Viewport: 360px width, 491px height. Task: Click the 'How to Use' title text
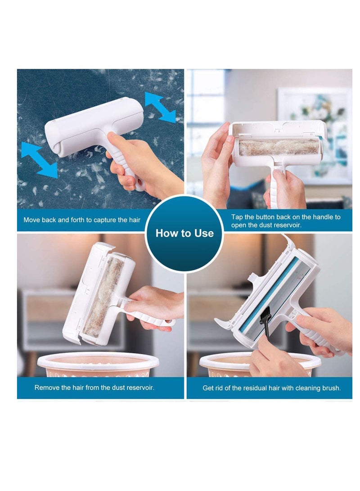(184, 233)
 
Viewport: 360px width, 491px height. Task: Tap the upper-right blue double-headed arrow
(160, 107)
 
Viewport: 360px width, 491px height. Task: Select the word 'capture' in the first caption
(102, 221)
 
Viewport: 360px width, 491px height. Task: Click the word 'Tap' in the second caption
(237, 217)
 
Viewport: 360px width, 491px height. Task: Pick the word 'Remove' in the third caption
(46, 387)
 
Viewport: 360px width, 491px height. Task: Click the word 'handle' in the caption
(320, 217)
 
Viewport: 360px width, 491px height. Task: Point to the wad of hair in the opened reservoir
(279, 147)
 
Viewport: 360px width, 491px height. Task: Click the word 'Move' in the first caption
(32, 221)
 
